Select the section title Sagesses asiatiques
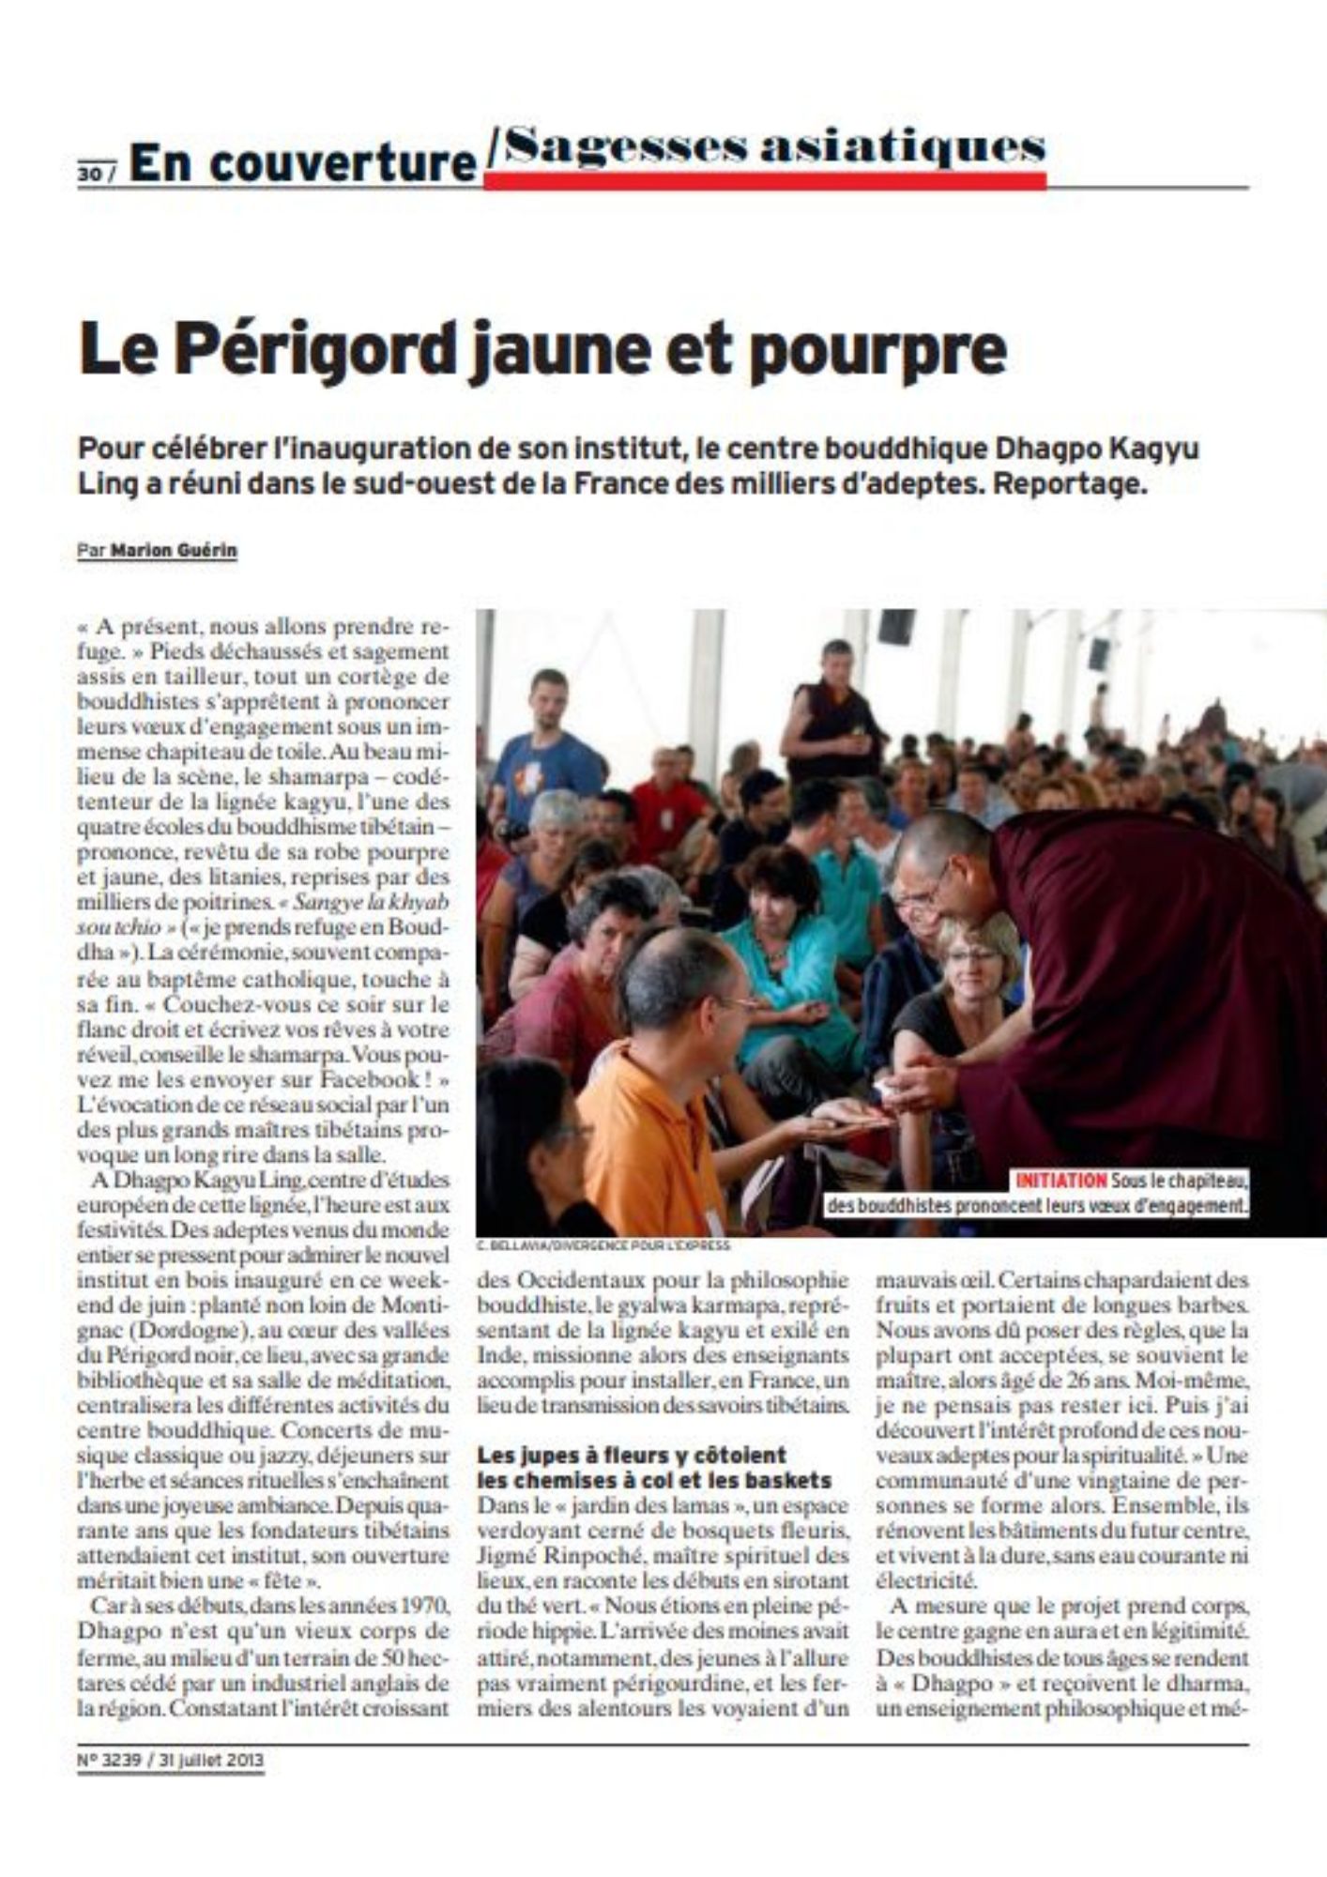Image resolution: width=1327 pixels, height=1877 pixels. pyautogui.click(x=767, y=148)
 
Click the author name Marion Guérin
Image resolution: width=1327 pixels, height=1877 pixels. pyautogui.click(x=174, y=551)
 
